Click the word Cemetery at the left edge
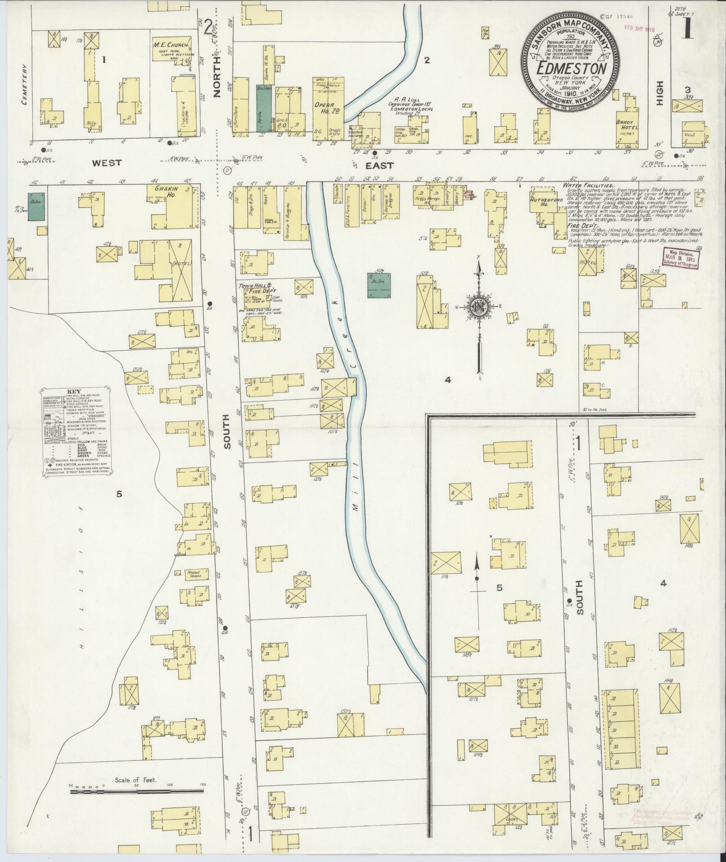[x=24, y=84]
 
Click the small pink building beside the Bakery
[x=469, y=195]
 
